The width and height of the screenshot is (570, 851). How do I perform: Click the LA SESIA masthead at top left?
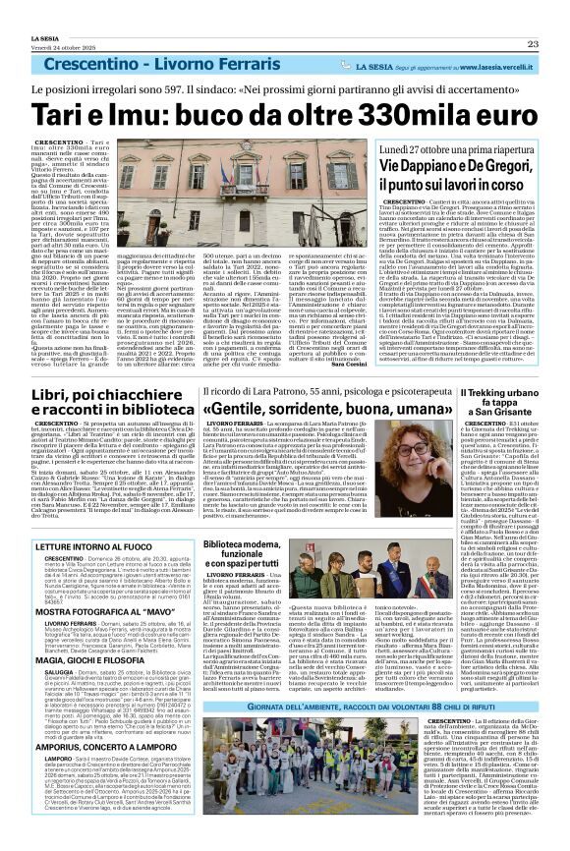(x=30, y=9)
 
